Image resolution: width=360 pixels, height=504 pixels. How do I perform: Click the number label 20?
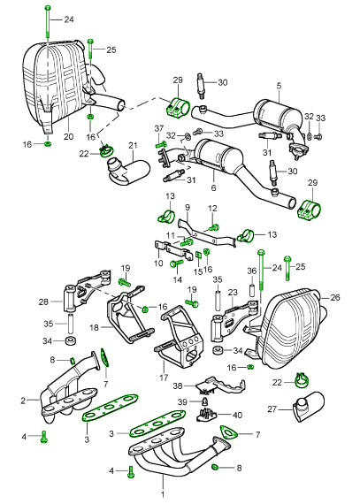coord(68,138)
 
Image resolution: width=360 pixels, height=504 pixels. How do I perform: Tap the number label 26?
coord(334,297)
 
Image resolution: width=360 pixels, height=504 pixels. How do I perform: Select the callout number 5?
coord(278,86)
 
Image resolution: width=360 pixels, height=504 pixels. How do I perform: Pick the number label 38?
coord(177,386)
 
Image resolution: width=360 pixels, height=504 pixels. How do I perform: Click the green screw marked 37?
coord(159,143)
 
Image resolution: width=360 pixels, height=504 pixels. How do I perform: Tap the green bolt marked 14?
coord(176,262)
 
